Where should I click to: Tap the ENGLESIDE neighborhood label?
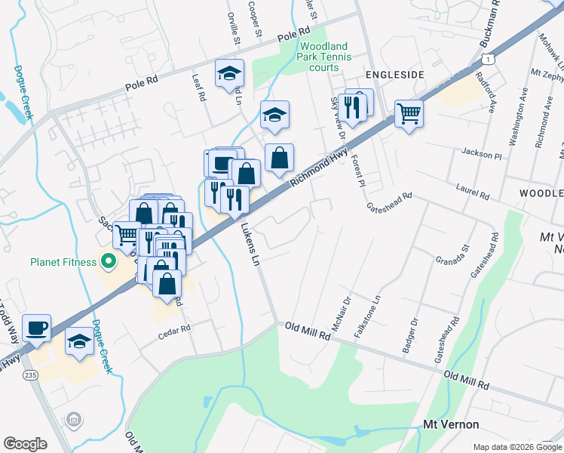click(395, 74)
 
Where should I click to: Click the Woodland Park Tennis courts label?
click(325, 57)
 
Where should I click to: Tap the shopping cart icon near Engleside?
click(409, 114)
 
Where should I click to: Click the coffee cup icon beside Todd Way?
click(36, 328)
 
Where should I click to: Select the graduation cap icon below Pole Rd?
click(230, 73)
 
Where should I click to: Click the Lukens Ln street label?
click(250, 245)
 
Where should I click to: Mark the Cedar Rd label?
click(175, 329)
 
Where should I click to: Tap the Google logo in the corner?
click(25, 443)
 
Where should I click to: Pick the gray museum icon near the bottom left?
click(74, 419)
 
